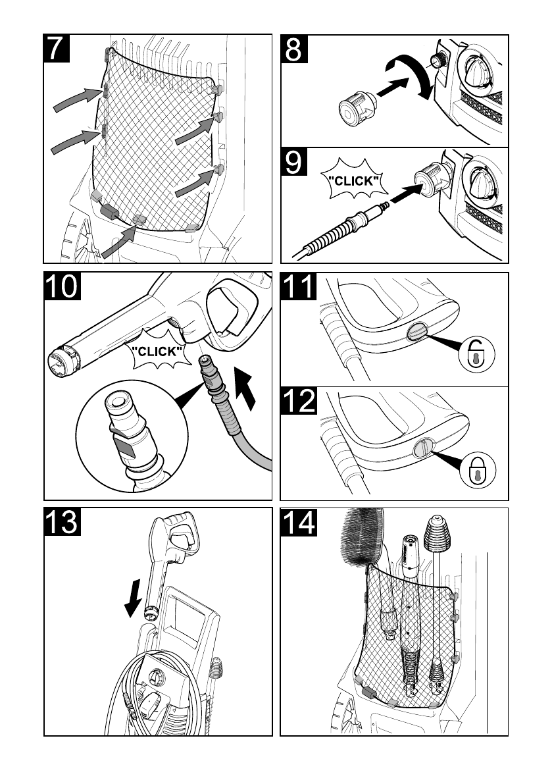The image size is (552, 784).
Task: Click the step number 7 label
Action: pos(57,48)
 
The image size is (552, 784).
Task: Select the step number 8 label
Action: pos(293,49)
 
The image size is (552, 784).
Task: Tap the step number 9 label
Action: pos(293,161)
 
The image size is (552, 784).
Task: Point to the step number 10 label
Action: pos(63,286)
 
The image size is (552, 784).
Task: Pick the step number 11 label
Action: pos(299,286)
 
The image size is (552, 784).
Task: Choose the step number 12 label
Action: pos(299,400)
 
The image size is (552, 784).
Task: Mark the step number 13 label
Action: pos(63,522)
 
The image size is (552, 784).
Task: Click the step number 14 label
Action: pos(299,522)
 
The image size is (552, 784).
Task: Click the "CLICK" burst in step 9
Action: pos(354,180)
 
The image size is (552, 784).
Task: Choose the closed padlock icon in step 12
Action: pos(478,469)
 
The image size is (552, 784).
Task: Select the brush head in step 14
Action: pos(361,537)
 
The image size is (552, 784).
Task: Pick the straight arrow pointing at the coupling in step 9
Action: pos(406,192)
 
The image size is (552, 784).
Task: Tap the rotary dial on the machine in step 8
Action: pos(479,72)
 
